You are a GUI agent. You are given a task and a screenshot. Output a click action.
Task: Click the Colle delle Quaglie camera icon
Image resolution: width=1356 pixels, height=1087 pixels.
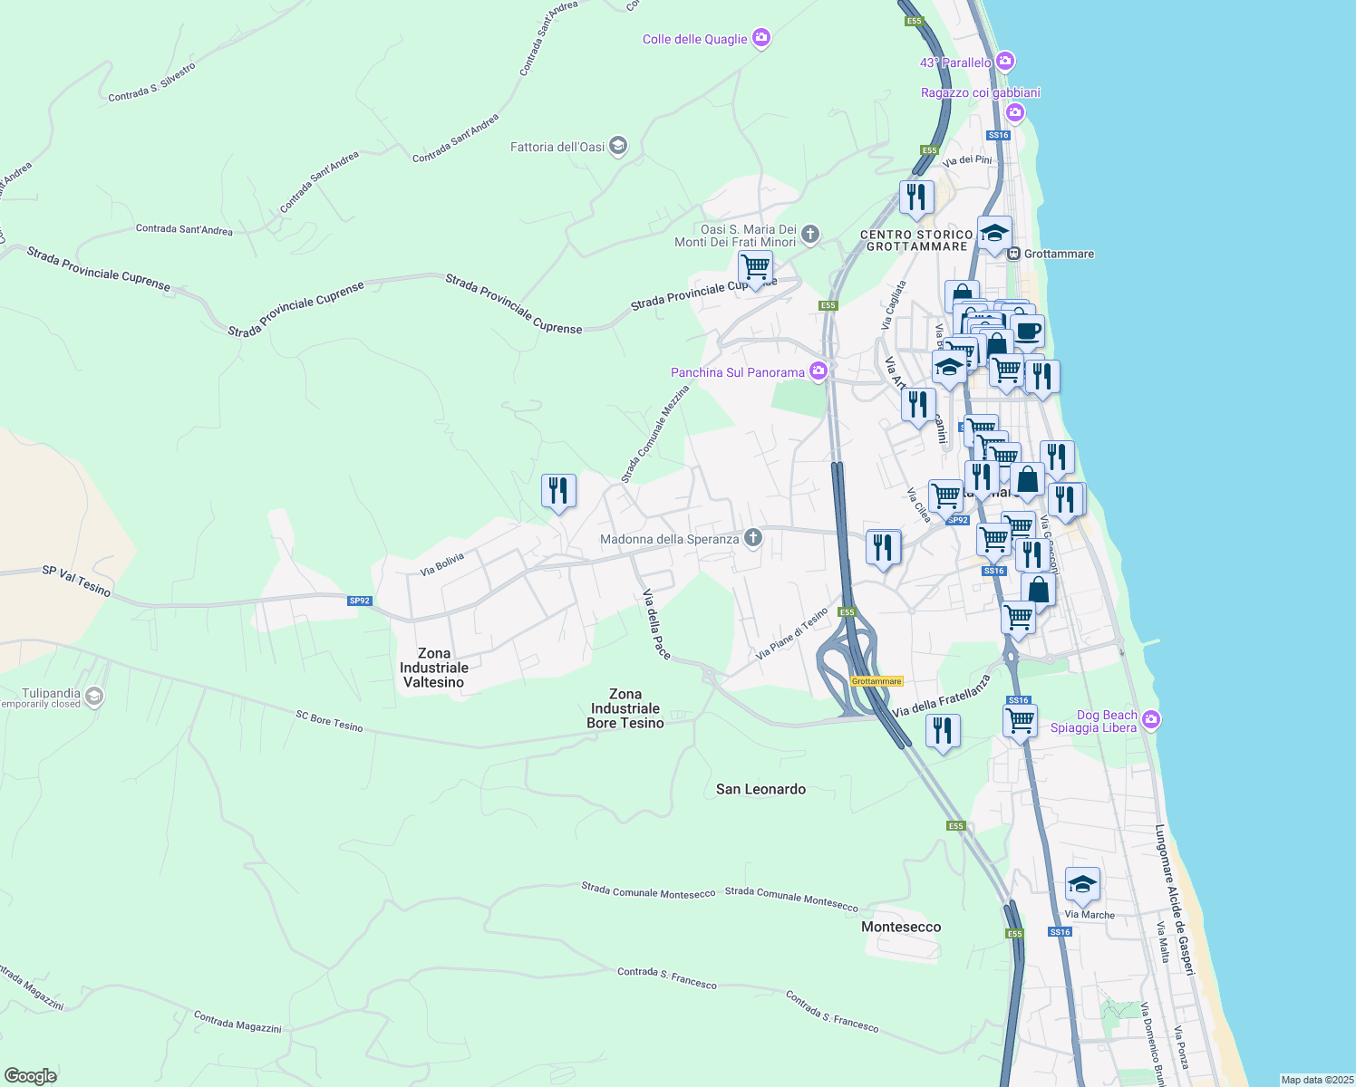761,38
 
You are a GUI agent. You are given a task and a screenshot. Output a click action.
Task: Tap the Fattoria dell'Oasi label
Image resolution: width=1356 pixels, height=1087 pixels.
557,147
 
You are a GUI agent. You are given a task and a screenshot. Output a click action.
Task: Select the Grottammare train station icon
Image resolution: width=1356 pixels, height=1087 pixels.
1015,254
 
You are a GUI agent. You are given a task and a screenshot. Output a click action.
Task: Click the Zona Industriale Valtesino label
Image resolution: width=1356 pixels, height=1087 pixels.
434,668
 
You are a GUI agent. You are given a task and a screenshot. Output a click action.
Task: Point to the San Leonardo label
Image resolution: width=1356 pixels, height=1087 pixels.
760,789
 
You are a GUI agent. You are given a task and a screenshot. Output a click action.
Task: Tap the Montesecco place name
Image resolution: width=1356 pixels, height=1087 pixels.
901,927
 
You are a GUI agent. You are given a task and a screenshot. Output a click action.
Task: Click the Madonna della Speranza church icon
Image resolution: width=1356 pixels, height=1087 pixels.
752,539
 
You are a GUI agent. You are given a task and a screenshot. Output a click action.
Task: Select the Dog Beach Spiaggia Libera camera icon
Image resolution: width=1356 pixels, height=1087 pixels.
1151,720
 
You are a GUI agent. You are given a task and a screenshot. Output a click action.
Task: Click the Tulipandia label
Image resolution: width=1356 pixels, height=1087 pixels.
52,693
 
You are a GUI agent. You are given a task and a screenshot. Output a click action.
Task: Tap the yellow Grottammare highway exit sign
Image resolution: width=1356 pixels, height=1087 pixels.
877,681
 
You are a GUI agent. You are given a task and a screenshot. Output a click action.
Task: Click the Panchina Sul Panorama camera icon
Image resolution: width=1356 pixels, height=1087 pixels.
818,371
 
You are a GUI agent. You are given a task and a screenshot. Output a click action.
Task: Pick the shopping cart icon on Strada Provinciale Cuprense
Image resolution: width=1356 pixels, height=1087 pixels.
755,268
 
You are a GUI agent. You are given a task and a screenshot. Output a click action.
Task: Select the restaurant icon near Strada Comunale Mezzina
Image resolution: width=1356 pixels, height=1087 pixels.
558,491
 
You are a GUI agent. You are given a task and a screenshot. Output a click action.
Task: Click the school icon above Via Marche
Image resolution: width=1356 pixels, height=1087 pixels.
1082,885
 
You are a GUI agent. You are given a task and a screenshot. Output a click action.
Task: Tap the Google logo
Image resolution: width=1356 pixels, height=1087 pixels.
31,1076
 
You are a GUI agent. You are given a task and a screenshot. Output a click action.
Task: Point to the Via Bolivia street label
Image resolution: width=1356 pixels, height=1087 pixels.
442,564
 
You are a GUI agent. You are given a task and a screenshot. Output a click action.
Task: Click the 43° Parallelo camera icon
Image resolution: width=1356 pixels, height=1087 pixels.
1004,62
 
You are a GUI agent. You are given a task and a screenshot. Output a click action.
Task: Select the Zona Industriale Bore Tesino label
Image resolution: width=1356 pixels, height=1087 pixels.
625,708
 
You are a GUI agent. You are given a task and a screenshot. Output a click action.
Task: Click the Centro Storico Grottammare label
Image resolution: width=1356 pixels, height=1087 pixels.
916,240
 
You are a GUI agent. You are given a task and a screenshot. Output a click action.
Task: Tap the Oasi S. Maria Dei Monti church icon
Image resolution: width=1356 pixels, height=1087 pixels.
810,235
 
